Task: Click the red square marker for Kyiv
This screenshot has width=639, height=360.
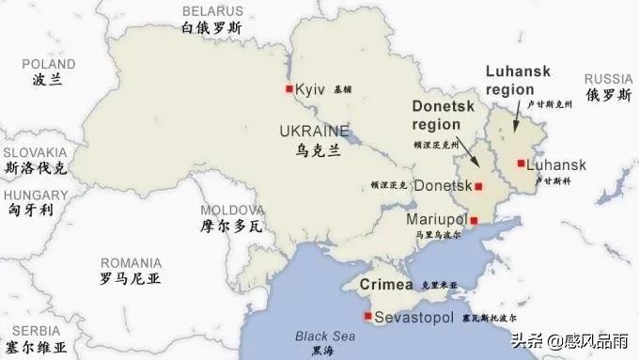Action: (x=288, y=89)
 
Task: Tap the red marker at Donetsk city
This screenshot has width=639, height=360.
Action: (x=477, y=186)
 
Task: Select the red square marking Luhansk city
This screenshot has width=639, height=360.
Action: (x=520, y=164)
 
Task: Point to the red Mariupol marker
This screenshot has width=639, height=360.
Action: (x=474, y=220)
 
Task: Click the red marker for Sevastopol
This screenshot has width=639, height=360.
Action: (x=367, y=316)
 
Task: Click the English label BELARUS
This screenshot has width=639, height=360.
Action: (x=210, y=10)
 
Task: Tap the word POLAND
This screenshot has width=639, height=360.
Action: (x=48, y=63)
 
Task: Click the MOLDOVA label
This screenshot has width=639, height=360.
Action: (x=229, y=209)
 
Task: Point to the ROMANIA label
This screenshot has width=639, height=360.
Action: (x=131, y=262)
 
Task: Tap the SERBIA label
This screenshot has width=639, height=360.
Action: (x=29, y=331)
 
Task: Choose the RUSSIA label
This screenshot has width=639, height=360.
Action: (x=609, y=79)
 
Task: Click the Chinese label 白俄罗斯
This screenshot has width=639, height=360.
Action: (x=211, y=28)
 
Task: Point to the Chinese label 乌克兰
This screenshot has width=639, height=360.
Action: (x=318, y=150)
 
